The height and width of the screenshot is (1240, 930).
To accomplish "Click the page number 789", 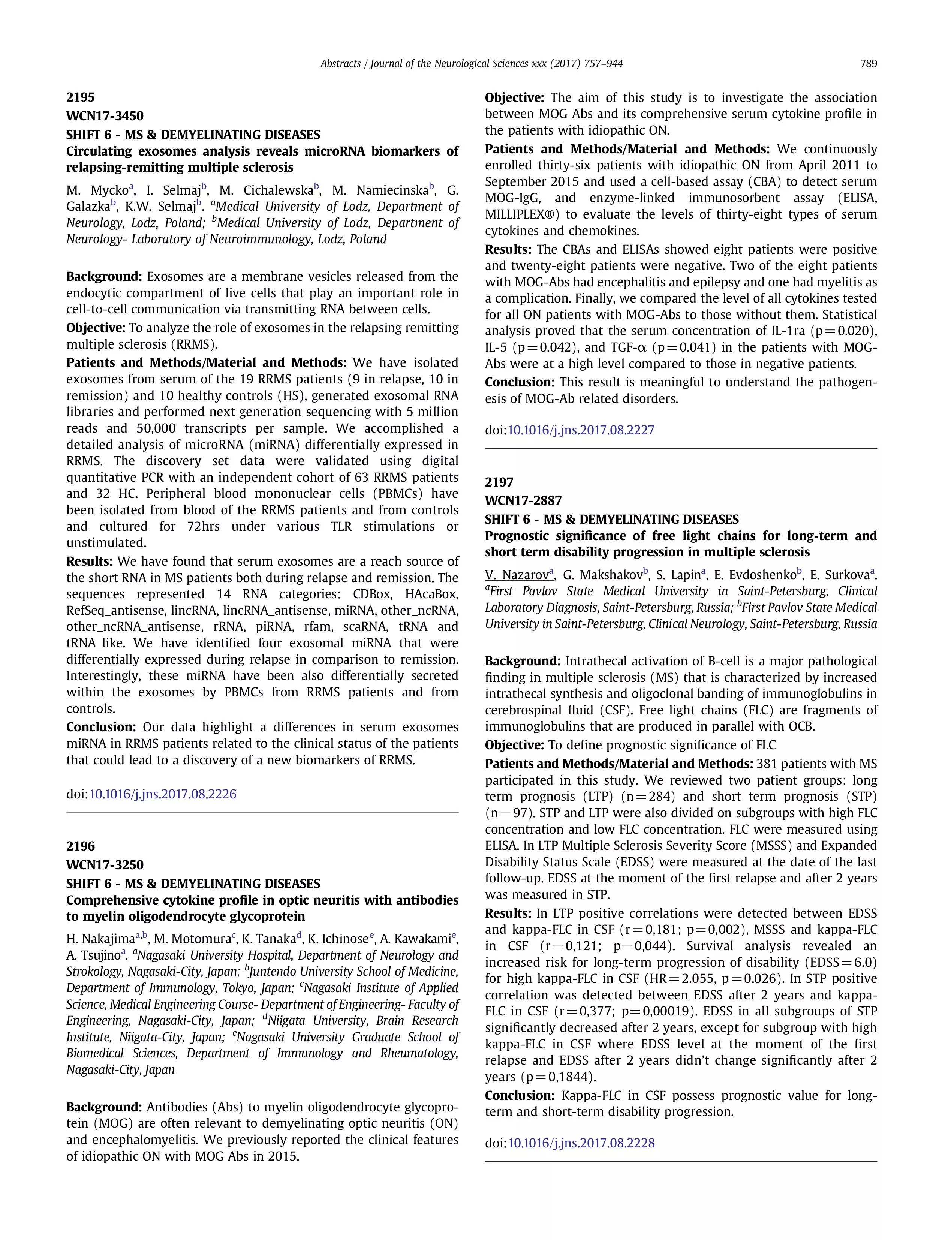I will pos(868,64).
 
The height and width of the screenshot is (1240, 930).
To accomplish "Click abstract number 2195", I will pos(80,97).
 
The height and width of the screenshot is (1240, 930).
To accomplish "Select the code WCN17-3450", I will pos(105,116).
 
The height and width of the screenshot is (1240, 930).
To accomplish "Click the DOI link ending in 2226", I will pos(163,794).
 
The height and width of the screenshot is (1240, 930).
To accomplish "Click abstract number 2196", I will pos(80,846).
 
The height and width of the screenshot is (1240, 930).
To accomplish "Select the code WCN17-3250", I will pos(105,864).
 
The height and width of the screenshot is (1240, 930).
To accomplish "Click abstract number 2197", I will pos(499,482).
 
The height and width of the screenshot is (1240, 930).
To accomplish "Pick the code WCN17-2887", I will pos(523,500).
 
